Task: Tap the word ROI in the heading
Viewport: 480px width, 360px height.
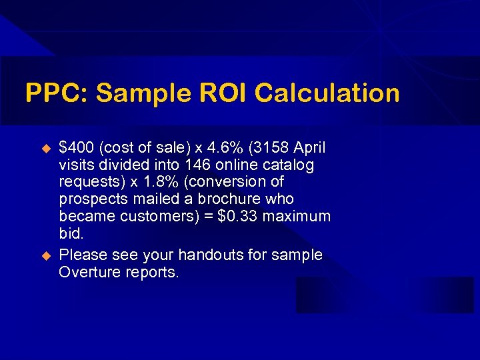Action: [215, 93]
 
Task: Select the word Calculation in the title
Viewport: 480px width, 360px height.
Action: [327, 93]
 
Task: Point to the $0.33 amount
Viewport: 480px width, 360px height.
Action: [241, 216]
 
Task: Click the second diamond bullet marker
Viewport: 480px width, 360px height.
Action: [46, 255]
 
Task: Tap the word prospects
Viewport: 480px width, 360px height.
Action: [91, 199]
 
